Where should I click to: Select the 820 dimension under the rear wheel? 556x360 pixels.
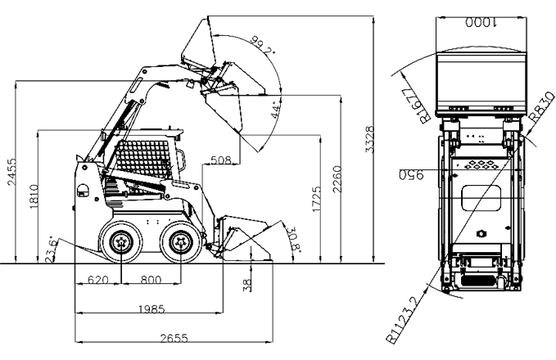point(98,280)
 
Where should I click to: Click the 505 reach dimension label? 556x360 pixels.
point(219,160)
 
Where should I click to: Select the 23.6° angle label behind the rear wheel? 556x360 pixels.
point(54,245)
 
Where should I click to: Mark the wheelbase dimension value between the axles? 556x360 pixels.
point(149,280)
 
